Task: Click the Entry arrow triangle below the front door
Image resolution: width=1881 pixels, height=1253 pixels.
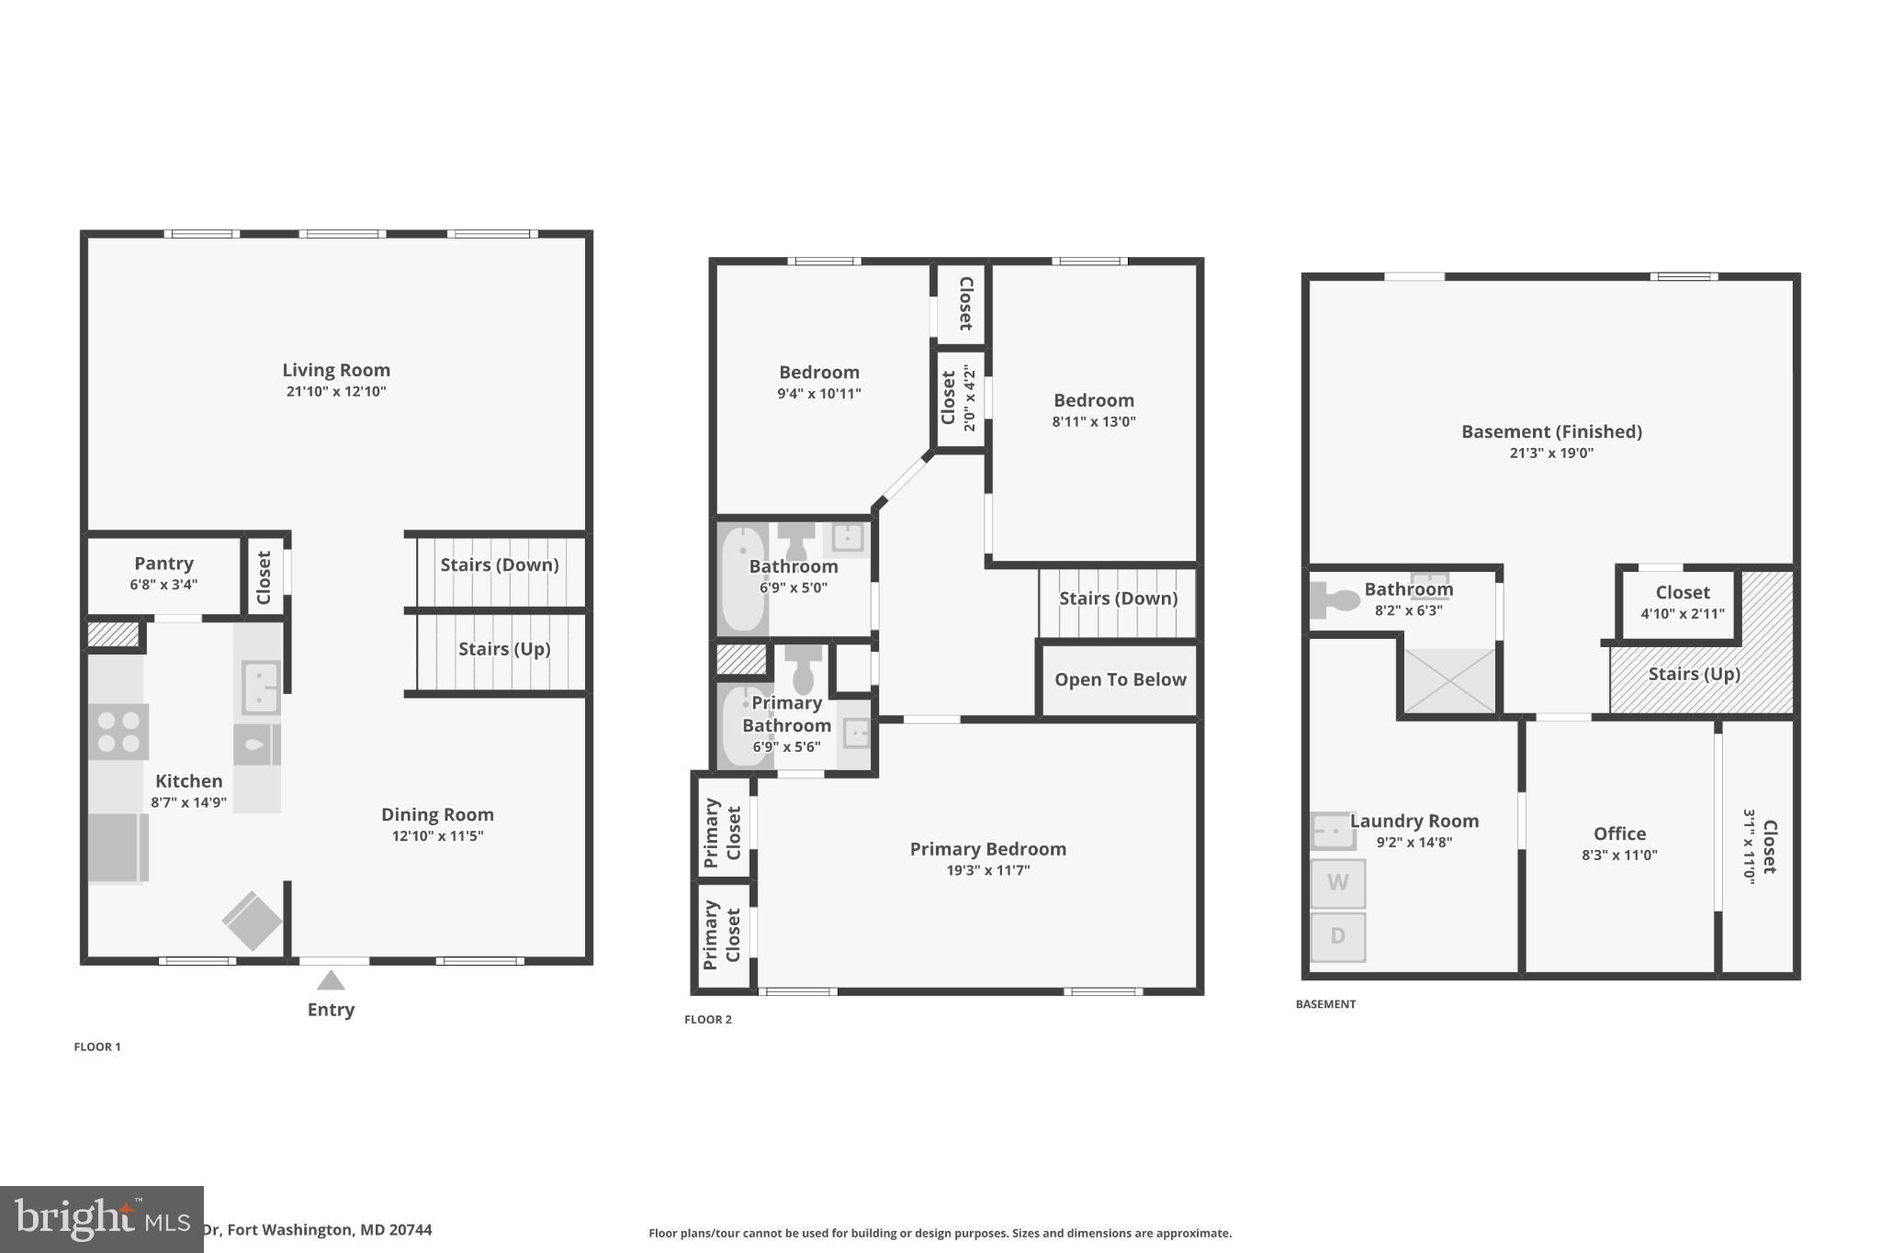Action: tap(331, 981)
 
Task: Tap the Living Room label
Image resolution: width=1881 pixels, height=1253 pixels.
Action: tap(336, 370)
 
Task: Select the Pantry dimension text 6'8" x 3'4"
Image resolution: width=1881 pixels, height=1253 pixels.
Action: tap(163, 585)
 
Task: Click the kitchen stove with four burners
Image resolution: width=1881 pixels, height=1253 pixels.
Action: tap(118, 732)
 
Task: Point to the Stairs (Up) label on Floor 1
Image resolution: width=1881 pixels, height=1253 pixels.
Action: tap(504, 649)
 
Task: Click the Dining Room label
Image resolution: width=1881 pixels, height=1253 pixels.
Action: tap(437, 814)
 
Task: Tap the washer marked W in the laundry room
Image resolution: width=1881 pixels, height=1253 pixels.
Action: tap(1337, 883)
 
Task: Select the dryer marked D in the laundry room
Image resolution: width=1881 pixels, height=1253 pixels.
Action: tap(1337, 936)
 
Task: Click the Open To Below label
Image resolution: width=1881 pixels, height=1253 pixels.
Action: tap(1120, 679)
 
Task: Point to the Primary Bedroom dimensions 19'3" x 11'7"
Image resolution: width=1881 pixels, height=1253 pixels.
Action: tap(987, 870)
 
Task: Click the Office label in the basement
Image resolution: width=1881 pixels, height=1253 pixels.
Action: tap(1619, 833)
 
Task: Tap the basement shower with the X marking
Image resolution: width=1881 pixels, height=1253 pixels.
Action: tap(1449, 680)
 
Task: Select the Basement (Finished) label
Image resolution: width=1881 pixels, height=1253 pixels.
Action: tap(1551, 431)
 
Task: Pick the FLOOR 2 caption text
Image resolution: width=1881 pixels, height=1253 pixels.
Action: tap(708, 1019)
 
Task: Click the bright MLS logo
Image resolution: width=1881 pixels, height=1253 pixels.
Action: tap(101, 1220)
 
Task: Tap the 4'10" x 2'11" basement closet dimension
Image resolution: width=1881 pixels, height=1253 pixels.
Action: tap(1682, 614)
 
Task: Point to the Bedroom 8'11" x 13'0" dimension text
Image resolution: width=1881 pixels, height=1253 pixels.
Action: tap(1093, 422)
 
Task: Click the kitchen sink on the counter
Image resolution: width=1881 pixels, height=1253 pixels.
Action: tap(260, 687)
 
